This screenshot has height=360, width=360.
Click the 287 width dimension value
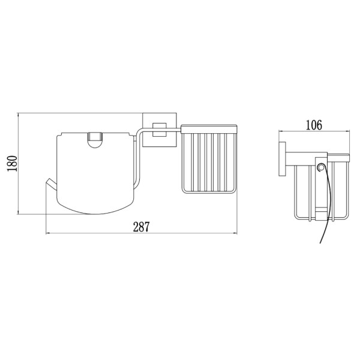click(142, 227)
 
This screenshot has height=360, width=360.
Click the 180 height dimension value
click(13, 163)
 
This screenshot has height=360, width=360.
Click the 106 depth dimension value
click(314, 125)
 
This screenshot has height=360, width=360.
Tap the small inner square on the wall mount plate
click(159, 130)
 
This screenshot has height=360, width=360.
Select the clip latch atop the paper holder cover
click(94, 140)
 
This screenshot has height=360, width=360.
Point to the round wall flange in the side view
click(282, 159)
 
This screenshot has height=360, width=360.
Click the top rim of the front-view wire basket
click(209, 129)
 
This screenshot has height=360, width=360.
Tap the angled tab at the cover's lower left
click(51, 184)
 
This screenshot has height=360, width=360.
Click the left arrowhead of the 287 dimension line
click(48, 233)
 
